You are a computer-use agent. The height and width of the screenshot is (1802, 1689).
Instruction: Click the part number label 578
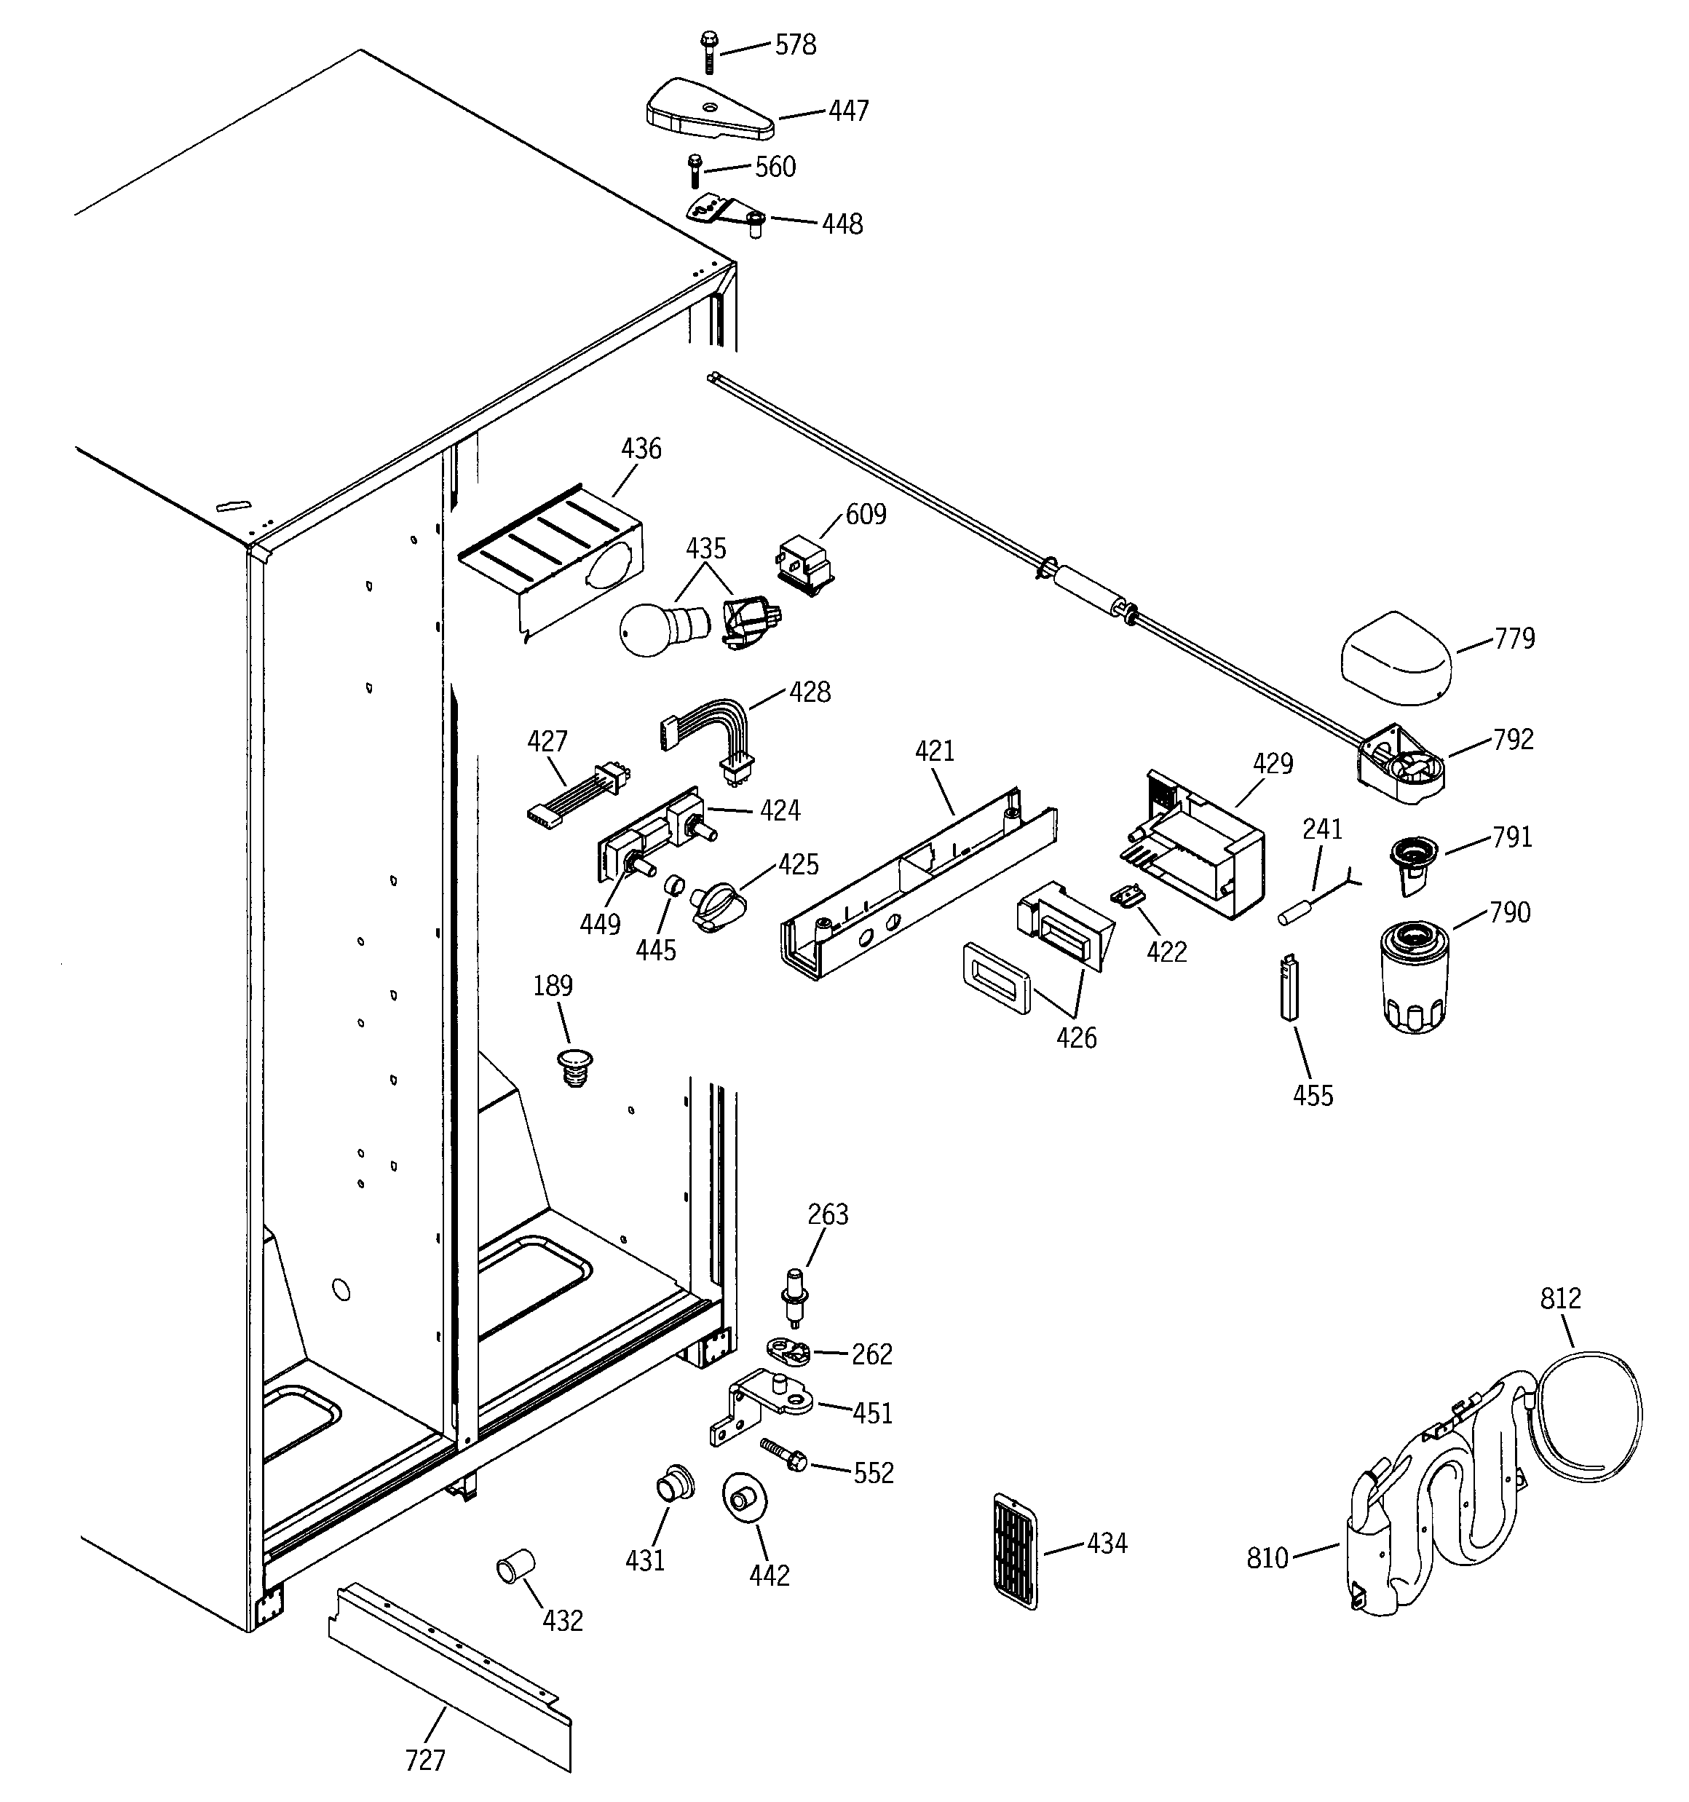pos(794,45)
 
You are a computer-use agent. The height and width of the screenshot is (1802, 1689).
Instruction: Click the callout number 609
pos(865,514)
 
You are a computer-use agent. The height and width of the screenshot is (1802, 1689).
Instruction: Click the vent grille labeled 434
pos(1016,1551)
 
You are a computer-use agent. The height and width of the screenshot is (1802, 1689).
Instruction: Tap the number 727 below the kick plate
pos(424,1760)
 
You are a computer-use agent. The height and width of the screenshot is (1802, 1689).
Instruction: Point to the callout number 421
pos(934,751)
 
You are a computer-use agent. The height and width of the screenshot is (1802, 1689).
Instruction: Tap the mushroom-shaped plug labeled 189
pos(573,1064)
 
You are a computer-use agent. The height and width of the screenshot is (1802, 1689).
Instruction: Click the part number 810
pos(1267,1557)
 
